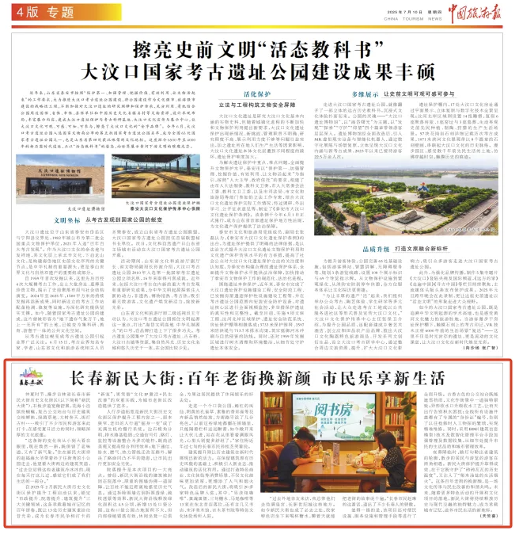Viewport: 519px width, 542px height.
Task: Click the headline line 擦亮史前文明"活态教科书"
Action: tap(259, 45)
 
